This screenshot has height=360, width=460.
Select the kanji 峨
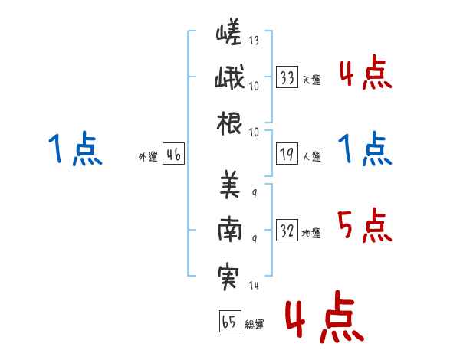[229, 77]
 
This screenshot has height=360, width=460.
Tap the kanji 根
[229, 123]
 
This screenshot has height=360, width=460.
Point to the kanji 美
[230, 184]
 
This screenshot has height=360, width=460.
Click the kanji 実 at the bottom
[228, 277]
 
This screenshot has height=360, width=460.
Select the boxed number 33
[287, 77]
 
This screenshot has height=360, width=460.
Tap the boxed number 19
[287, 154]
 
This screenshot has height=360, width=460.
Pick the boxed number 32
[287, 230]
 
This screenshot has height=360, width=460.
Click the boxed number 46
[173, 154]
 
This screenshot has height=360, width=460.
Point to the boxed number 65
[230, 321]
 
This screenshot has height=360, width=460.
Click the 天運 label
[312, 80]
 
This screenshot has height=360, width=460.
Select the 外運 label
[148, 156]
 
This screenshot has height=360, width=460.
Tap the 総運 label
[255, 324]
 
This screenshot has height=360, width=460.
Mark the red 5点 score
[365, 225]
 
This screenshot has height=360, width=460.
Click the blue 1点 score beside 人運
[365, 149]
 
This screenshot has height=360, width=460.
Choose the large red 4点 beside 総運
[324, 316]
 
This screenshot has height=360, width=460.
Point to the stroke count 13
[254, 40]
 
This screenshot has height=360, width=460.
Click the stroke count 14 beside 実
[254, 285]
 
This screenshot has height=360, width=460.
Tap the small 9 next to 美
[255, 193]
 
